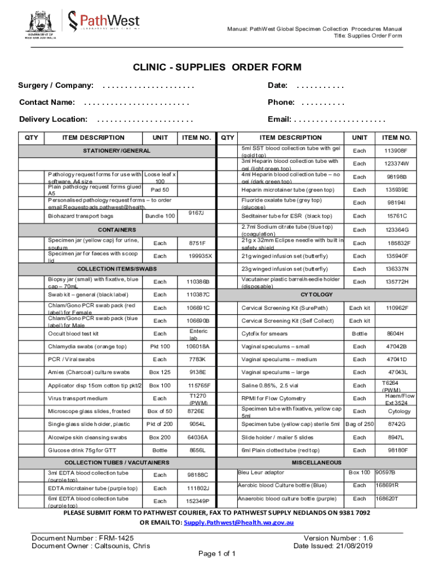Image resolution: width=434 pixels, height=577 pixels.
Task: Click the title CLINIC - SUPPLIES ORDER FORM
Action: click(217, 68)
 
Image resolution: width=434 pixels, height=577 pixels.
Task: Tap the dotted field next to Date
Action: click(320, 86)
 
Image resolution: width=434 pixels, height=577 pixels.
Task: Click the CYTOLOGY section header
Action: click(316, 295)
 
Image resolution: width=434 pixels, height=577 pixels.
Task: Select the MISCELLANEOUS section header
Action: click(316, 463)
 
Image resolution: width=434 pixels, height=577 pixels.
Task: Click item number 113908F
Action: click(396, 151)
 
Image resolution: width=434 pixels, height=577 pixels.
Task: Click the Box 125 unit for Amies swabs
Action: click(160, 372)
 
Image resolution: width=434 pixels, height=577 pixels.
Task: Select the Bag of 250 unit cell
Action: click(359, 424)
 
